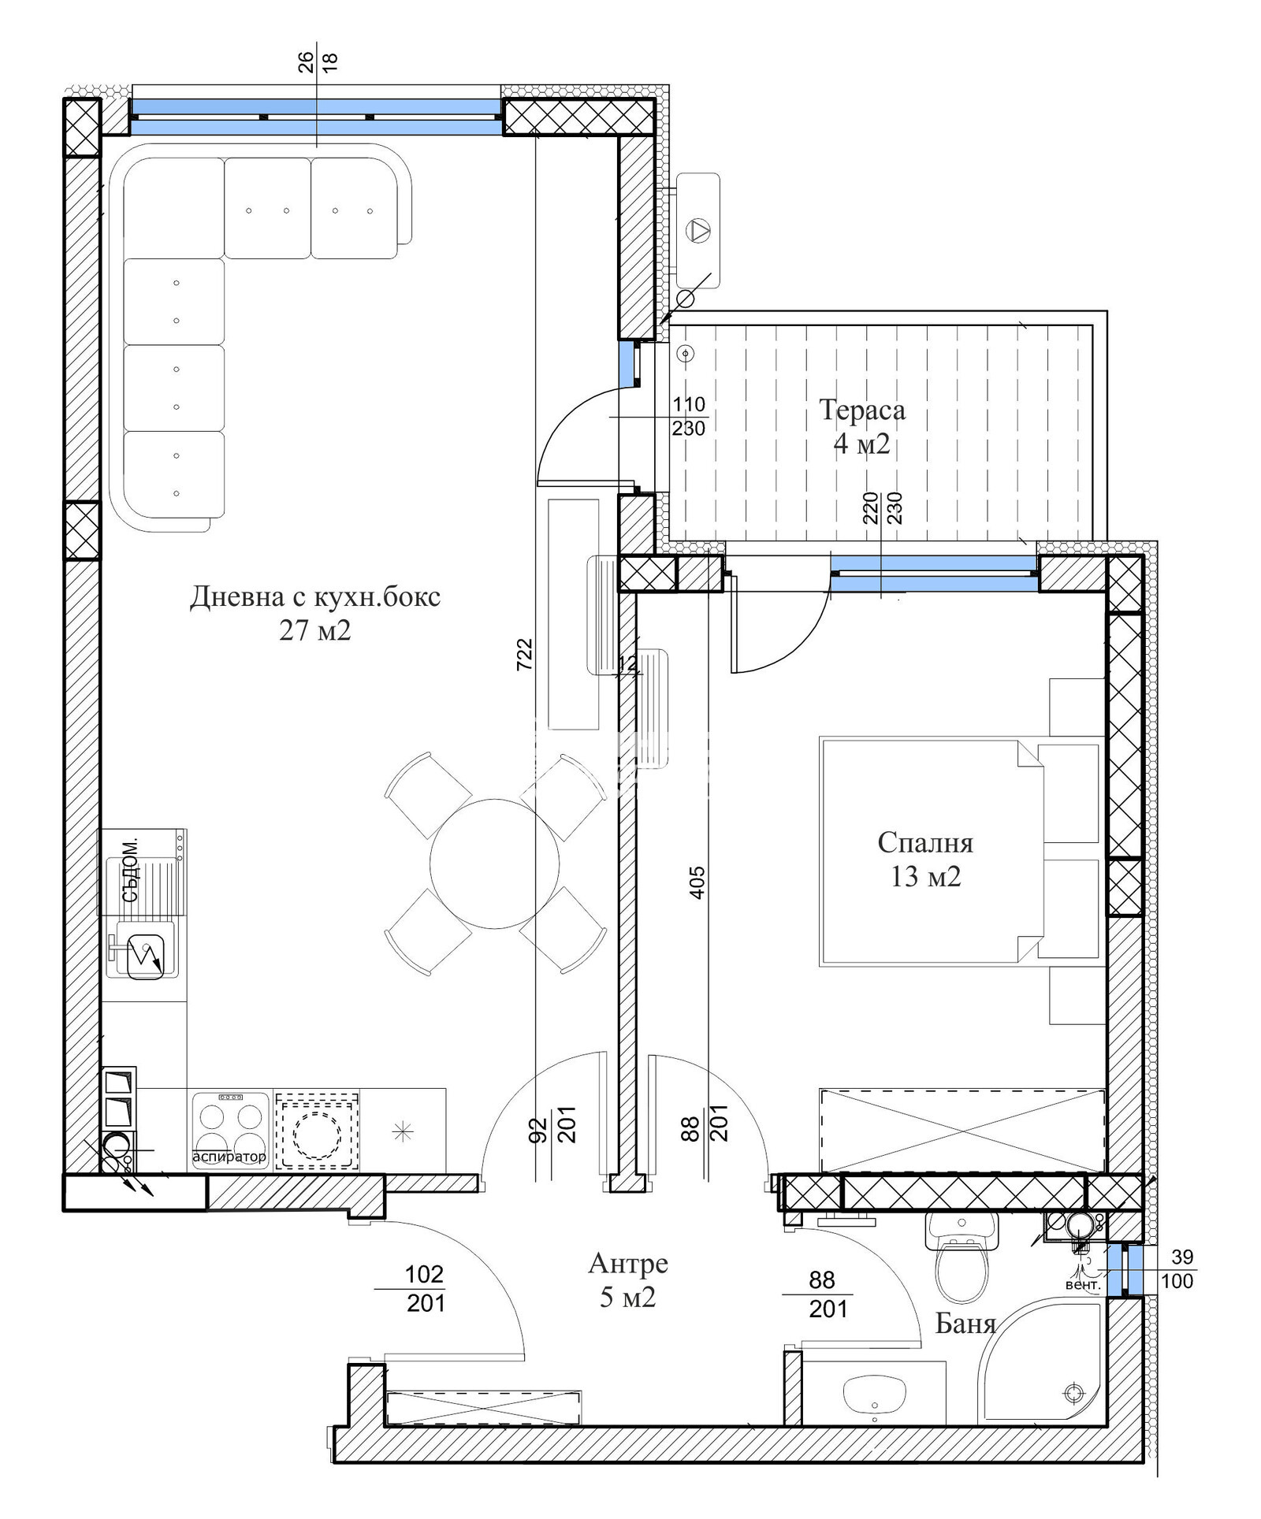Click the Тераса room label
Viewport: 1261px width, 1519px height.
click(862, 410)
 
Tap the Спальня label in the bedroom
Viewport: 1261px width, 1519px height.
click(925, 843)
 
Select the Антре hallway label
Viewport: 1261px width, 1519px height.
click(628, 1265)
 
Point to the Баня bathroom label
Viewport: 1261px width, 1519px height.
click(965, 1324)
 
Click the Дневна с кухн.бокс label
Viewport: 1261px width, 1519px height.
click(315, 596)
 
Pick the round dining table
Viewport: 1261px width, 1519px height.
click(495, 863)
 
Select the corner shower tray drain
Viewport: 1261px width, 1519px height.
click(1071, 1392)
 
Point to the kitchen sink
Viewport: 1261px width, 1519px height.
click(144, 955)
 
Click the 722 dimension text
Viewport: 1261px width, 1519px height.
click(525, 654)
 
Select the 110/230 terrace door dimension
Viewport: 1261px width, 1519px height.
click(689, 417)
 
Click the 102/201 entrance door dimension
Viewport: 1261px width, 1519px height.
click(426, 1290)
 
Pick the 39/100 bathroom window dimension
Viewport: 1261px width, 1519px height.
click(1177, 1269)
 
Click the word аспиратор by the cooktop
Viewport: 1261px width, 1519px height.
click(229, 1157)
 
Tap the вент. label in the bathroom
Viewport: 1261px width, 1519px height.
click(1083, 1285)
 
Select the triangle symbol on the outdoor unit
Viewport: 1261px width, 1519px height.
click(697, 229)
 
